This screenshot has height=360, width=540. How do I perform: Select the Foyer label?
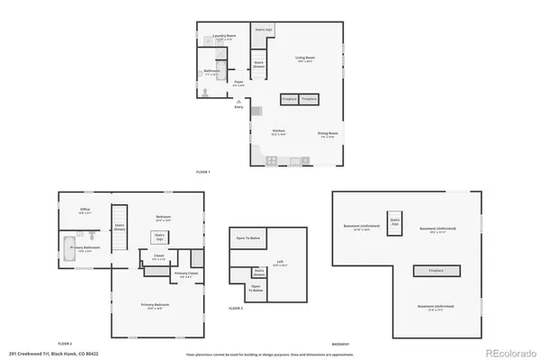(238, 83)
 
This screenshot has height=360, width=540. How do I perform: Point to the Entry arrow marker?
(238, 106)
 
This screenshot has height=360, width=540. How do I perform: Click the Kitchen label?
(279, 132)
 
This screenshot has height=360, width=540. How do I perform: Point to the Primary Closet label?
(186, 274)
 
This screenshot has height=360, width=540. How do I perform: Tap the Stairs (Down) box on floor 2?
(119, 228)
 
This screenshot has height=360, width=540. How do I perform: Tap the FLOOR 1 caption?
(203, 172)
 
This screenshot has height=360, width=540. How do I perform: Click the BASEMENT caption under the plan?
(340, 344)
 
